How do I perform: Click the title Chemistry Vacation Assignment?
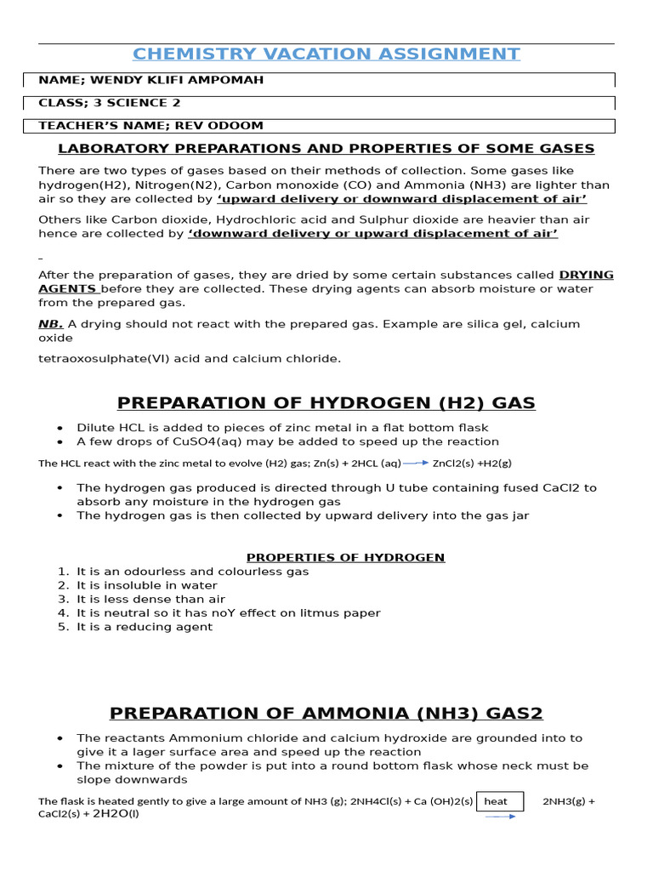point(326,54)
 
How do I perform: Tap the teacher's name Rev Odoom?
point(150,126)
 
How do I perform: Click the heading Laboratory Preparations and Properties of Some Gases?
point(326,149)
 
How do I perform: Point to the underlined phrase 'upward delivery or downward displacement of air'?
point(402,199)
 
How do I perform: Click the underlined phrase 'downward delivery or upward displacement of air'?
point(372,233)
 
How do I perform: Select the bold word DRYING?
point(585,275)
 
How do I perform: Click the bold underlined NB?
point(50,324)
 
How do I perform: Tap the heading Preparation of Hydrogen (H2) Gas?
point(326,403)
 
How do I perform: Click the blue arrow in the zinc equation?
point(415,463)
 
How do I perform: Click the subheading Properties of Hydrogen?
point(345,558)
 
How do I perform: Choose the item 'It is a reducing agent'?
point(145,627)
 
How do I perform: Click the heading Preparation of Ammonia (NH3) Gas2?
point(326,713)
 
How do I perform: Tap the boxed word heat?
point(496,801)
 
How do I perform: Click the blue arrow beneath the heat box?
point(500,817)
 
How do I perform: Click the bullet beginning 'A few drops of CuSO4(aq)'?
point(287,441)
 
